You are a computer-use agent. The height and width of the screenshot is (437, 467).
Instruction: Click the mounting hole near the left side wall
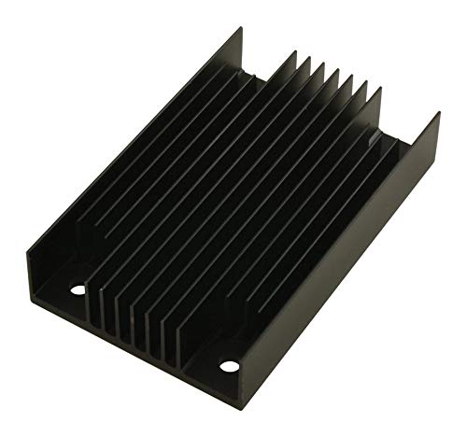tap(78, 290)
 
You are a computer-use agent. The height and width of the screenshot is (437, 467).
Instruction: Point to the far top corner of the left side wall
tap(241, 28)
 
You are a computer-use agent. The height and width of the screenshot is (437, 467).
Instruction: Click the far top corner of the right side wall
tap(439, 114)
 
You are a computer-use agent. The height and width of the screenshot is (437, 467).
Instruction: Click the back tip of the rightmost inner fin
tap(378, 87)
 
